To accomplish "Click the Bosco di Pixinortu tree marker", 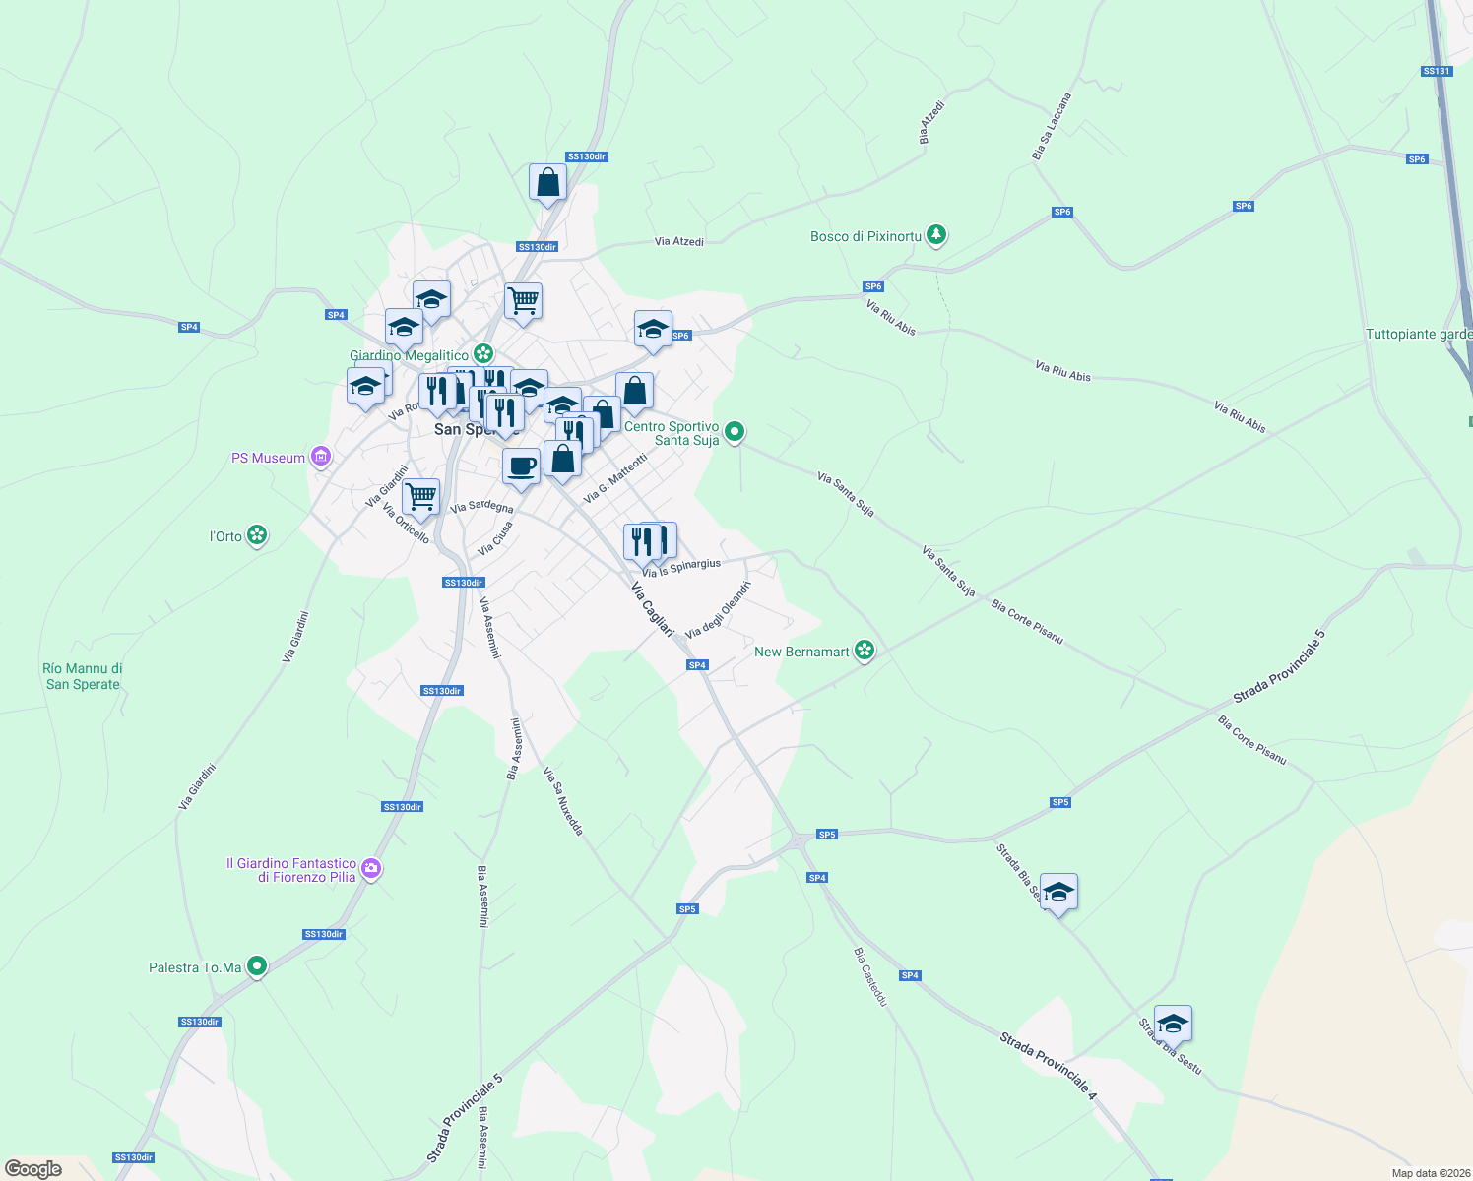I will [936, 235].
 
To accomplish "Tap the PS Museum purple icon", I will [320, 457].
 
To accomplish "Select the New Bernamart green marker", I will [865, 651].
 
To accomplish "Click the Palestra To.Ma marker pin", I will [257, 966].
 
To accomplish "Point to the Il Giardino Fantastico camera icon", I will [371, 868].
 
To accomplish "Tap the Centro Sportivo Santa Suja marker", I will [734, 432].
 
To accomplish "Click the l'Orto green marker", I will [257, 535].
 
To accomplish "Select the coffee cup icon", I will [521, 466].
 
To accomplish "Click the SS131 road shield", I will [1437, 71].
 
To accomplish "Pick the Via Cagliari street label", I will [652, 609].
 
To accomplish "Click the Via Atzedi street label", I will [679, 241].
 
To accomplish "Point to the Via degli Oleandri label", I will [719, 609].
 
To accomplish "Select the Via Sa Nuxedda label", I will [563, 801].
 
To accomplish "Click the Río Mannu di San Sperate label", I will [83, 676].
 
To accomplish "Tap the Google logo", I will [33, 1168].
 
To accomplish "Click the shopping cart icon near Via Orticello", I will [420, 496].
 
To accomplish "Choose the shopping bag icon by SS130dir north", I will [547, 182].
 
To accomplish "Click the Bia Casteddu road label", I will [870, 976].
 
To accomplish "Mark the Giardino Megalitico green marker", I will [482, 353].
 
